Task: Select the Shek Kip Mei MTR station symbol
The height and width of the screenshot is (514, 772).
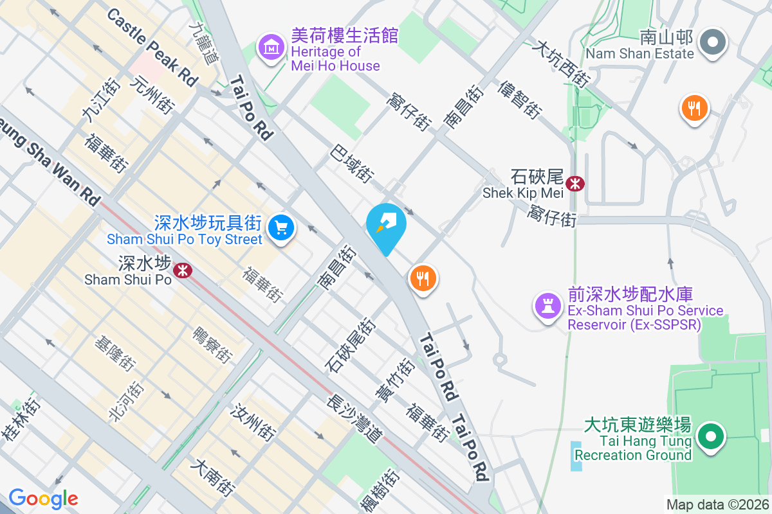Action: coord(574,184)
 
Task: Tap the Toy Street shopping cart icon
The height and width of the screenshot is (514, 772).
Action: coord(280,227)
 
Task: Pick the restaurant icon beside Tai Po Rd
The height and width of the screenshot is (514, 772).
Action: coord(423,279)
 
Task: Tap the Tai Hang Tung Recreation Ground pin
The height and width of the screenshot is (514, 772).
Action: coord(710,437)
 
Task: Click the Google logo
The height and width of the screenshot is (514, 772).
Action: coord(43,498)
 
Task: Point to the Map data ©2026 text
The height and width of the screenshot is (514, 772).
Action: coord(717,505)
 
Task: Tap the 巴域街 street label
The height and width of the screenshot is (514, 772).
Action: coord(352,163)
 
